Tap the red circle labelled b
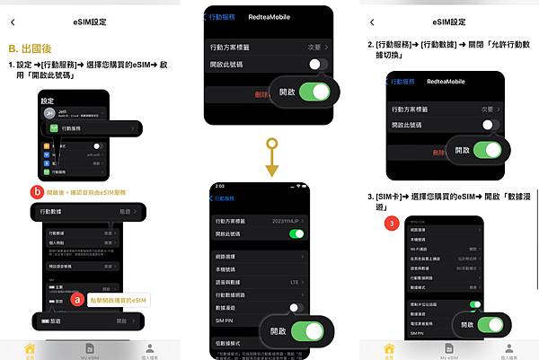coord(36,191)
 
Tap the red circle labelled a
coord(78,298)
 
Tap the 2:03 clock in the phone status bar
coord(219,186)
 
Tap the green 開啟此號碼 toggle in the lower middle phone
coord(297,233)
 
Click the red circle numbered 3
coord(389,223)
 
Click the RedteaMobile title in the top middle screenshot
coord(274,15)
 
